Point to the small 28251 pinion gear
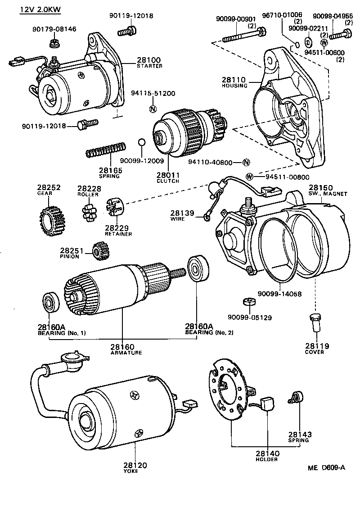coord(98,250)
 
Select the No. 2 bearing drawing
coord(197,269)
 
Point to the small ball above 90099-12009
coord(141,143)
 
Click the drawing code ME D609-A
coord(327,467)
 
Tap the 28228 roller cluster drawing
coord(89,210)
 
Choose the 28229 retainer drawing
coord(114,209)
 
